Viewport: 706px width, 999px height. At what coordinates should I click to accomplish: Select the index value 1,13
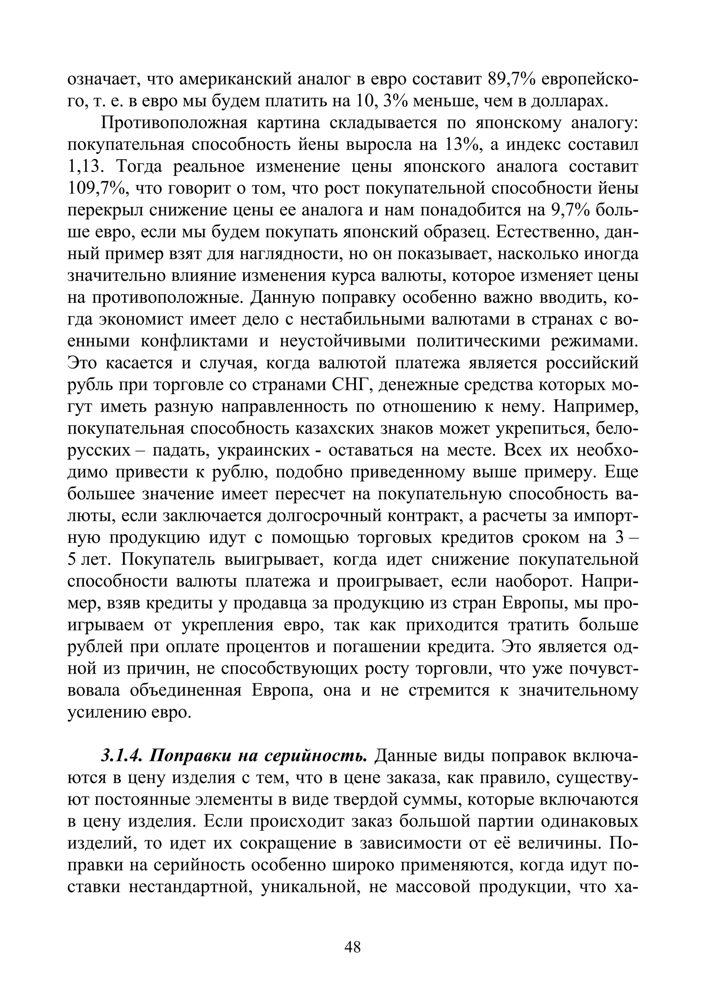pos(87,167)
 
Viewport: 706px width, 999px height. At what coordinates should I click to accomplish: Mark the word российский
pos(592,363)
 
